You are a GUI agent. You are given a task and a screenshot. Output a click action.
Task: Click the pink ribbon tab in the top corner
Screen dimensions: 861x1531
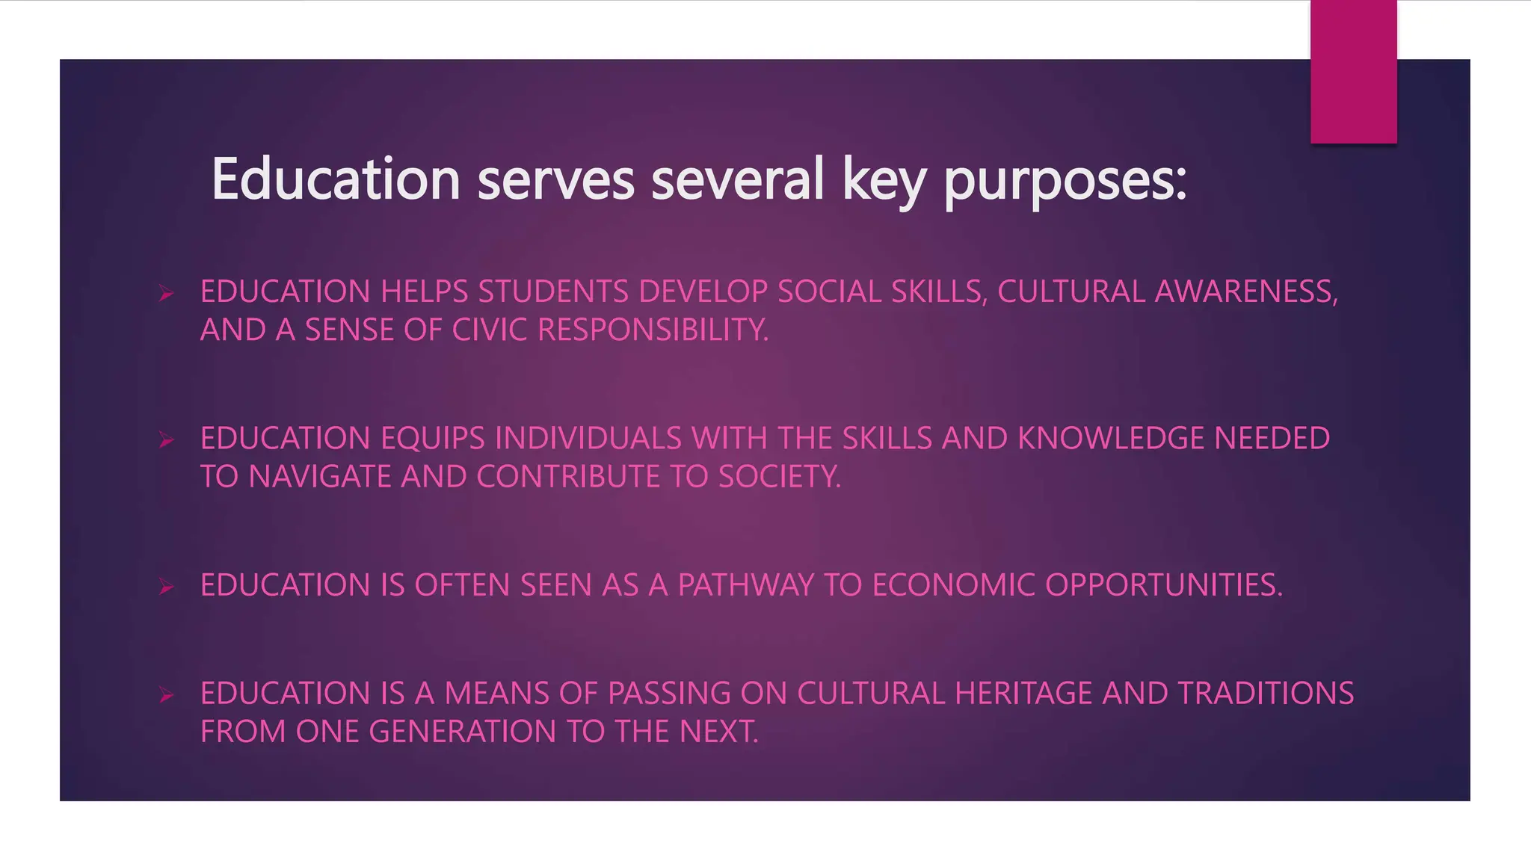tap(1353, 72)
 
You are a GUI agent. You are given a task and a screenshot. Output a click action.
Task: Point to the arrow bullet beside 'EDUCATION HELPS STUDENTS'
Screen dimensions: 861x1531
tap(166, 294)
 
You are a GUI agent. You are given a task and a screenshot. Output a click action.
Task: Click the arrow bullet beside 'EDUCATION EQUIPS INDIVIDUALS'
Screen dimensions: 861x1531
tap(166, 440)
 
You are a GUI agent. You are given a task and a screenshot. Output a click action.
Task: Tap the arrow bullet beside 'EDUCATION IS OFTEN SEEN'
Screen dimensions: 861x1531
tap(166, 587)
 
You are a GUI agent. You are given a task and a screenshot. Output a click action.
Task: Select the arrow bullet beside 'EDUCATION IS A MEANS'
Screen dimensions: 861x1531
tap(166, 696)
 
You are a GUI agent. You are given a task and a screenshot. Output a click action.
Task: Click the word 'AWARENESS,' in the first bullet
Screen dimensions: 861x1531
tap(1246, 291)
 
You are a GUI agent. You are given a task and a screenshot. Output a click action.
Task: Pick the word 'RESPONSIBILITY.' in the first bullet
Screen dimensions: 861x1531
tap(653, 330)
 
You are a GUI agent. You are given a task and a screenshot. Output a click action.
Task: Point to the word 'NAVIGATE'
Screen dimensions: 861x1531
tap(319, 477)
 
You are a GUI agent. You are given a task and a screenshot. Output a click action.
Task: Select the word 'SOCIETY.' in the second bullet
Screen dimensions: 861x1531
tap(780, 477)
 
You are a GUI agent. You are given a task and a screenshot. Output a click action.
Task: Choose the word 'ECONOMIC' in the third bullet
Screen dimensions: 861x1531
tap(953, 585)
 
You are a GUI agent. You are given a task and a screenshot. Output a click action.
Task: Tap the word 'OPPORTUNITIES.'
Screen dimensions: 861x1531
tap(1163, 585)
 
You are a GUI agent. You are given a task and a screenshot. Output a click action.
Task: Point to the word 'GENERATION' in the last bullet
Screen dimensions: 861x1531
tap(463, 732)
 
